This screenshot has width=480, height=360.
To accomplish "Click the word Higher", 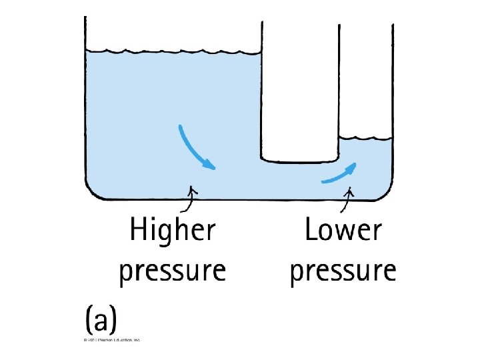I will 173,232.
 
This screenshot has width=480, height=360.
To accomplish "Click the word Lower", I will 343,231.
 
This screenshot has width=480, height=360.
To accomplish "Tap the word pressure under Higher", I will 173,271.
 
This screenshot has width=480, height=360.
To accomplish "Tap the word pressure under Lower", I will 343,271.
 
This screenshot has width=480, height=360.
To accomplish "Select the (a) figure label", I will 101,321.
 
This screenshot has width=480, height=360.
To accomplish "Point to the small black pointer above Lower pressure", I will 348,194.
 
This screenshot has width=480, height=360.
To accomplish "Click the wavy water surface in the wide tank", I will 173,51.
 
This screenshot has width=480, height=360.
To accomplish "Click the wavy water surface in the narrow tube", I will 365,139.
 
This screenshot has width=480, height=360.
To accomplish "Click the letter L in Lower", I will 311,231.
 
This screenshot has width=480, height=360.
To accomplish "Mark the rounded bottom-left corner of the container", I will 92,191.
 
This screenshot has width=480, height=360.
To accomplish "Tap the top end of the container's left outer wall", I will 85,19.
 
